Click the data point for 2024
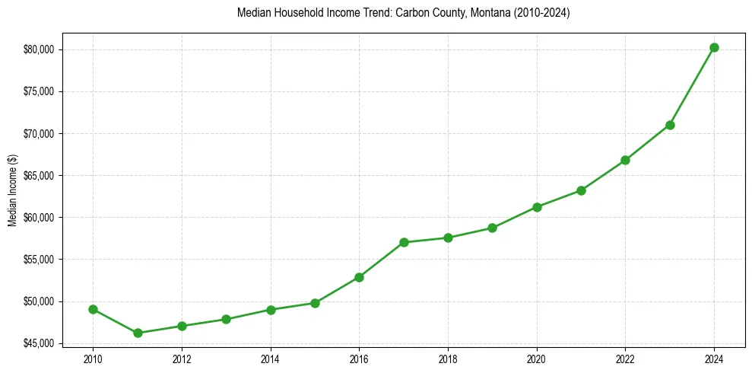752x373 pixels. (714, 47)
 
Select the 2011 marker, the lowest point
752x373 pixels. (138, 333)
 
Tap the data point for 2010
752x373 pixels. (93, 309)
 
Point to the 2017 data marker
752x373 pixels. (404, 242)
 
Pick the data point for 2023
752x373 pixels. (670, 125)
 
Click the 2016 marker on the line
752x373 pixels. (359, 277)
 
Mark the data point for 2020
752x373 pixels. (537, 207)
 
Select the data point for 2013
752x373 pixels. (226, 319)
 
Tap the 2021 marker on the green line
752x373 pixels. (581, 190)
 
